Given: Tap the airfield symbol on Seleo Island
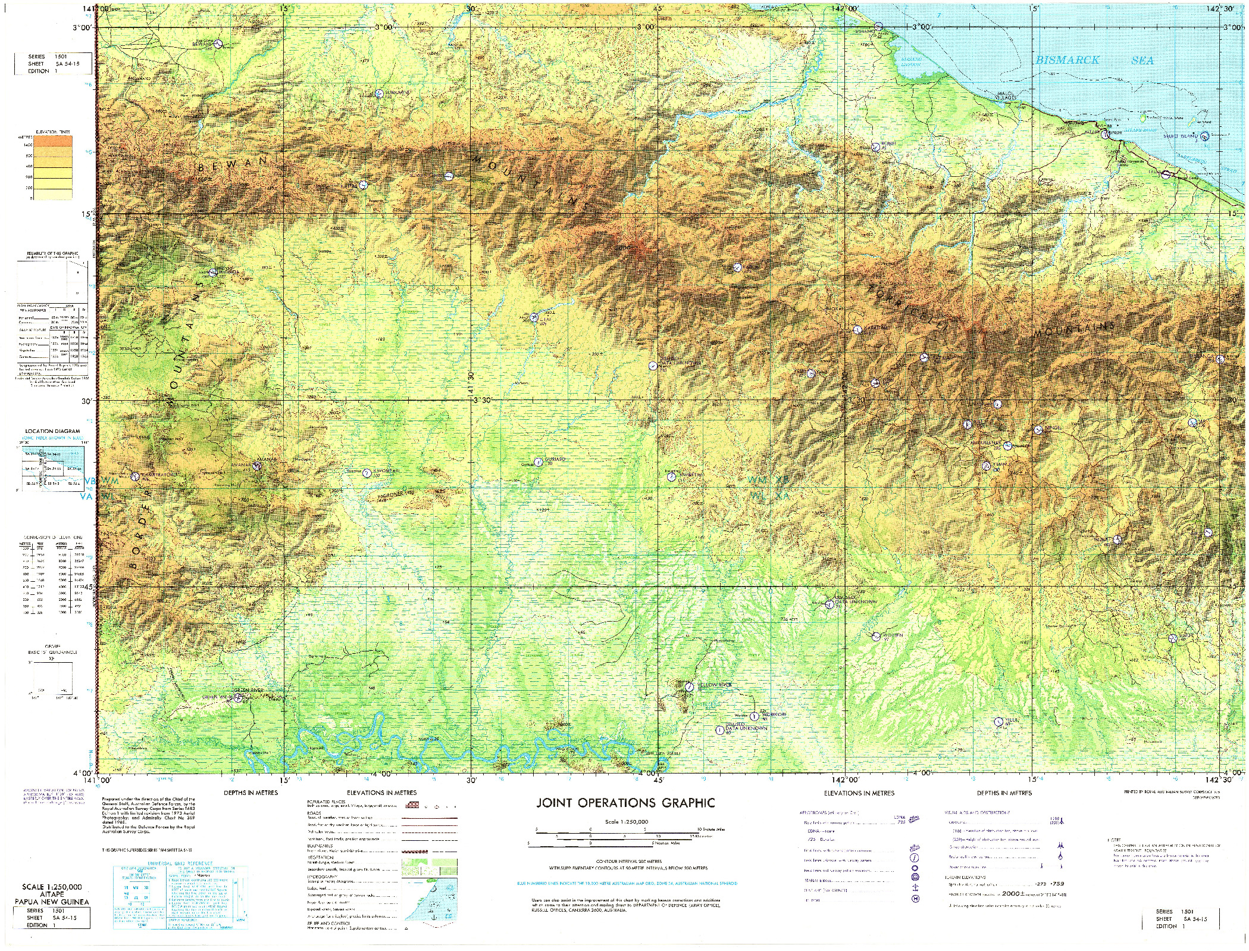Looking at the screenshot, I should coord(1204,136).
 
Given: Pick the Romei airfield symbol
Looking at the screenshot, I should coord(875,146).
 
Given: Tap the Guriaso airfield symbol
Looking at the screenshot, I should coord(538,462).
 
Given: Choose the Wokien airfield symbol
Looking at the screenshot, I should coord(875,636).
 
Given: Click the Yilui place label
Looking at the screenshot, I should coord(1013,720).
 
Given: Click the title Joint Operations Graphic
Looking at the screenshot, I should coord(625,803).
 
